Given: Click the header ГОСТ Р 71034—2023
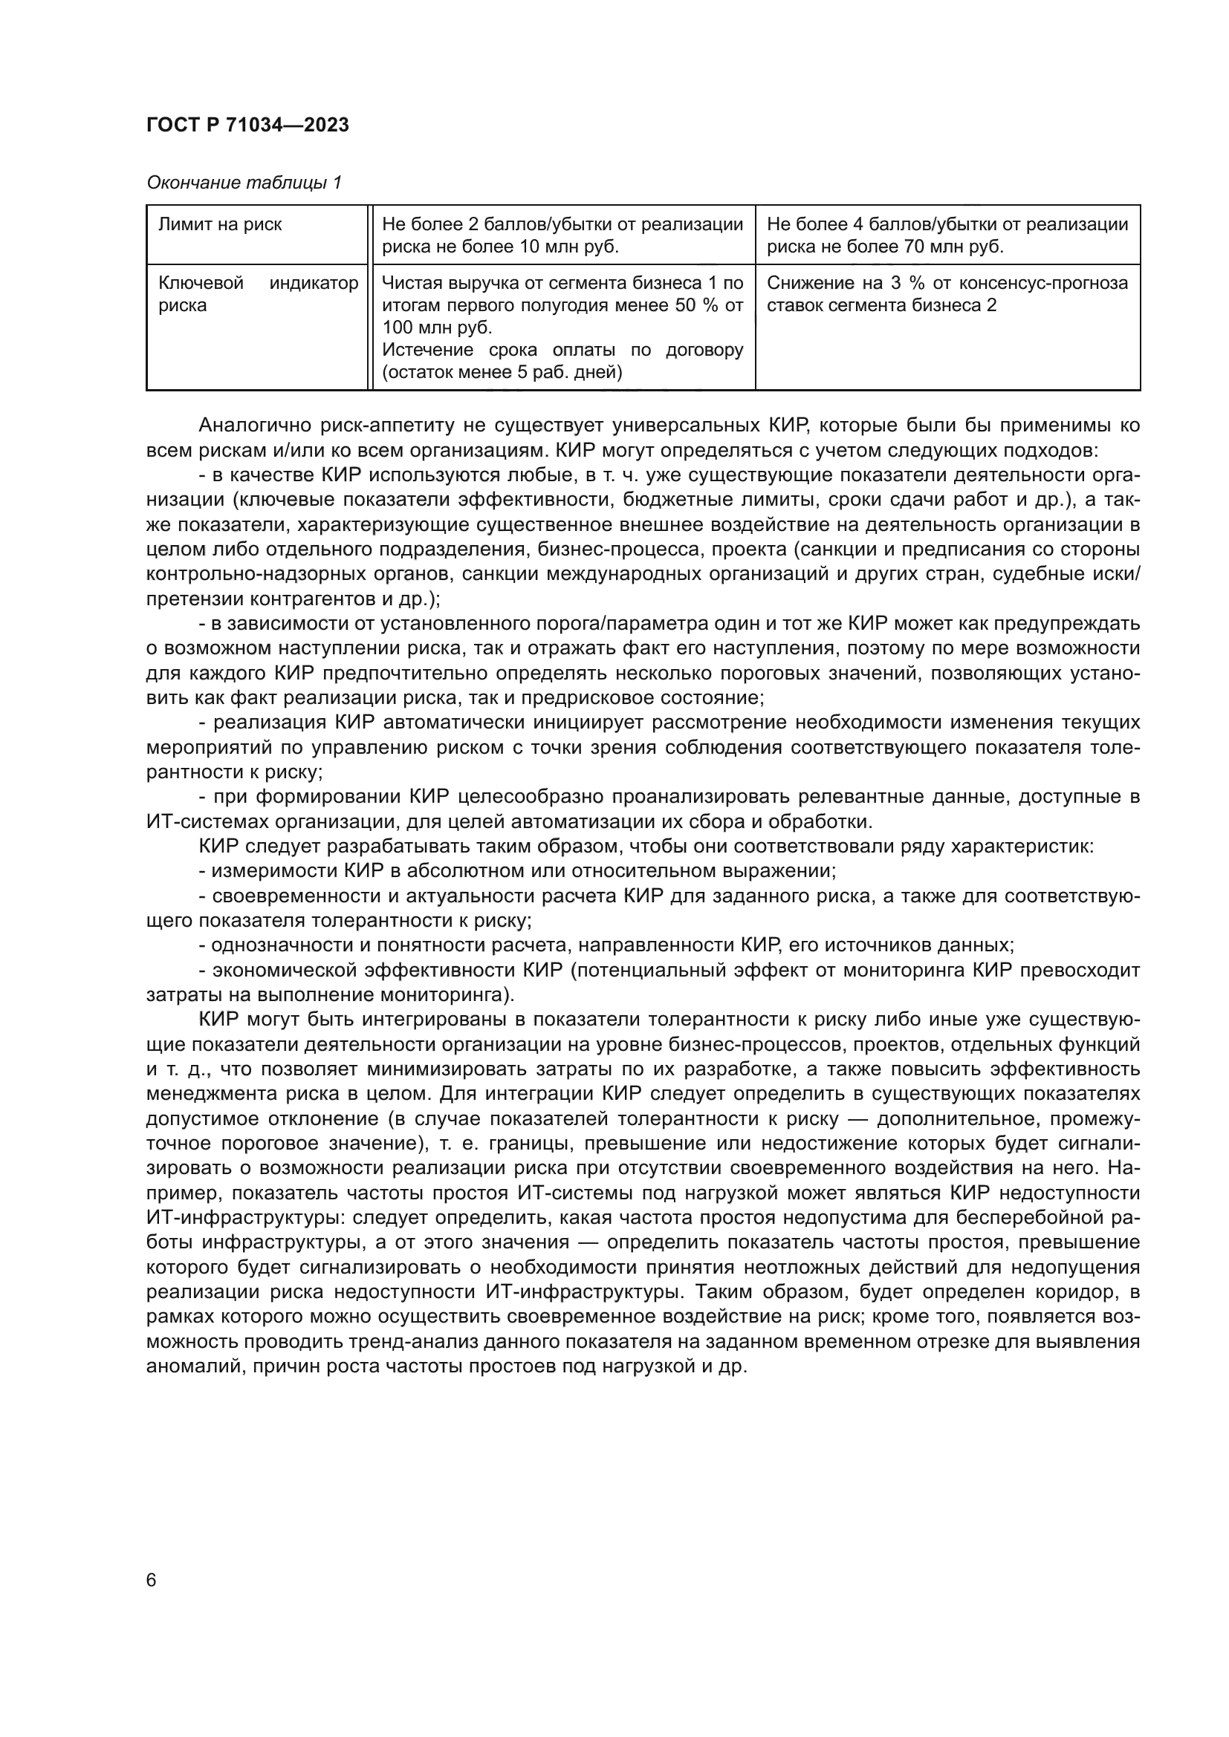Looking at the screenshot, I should coord(247,126).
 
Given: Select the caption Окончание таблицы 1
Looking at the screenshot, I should coord(244,183).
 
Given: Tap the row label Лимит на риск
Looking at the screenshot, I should coord(220,225).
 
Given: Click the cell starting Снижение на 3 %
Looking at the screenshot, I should coord(947,294).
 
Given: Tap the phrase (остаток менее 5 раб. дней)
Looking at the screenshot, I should coord(502,372).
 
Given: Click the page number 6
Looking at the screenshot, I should coord(152,1580).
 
